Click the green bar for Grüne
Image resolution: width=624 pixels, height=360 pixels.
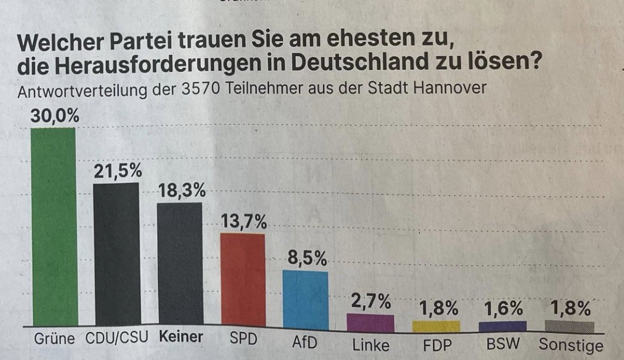point(54,227)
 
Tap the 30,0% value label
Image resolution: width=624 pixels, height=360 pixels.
point(54,117)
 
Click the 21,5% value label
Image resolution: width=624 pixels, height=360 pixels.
point(117,171)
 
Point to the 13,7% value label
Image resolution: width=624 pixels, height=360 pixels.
point(243,222)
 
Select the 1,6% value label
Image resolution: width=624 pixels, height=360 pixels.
point(503,309)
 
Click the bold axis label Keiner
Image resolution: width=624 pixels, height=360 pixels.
point(181,337)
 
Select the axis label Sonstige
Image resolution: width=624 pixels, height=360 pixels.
point(571,346)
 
